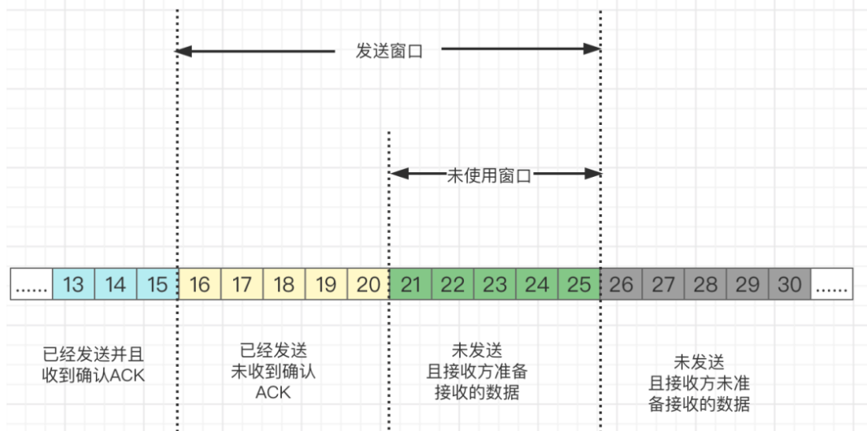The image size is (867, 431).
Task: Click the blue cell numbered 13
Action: pos(74,285)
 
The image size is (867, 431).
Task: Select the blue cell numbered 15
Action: pos(158,285)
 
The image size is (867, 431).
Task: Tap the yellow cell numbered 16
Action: pos(199,285)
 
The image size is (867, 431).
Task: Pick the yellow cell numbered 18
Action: pos(284,285)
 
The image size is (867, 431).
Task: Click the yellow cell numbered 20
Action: pos(368,285)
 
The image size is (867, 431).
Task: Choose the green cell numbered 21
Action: pos(410,285)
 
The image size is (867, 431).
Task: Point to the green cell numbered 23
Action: pos(495,285)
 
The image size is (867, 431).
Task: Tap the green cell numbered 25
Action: pos(579,285)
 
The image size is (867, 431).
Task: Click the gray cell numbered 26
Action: pos(621,285)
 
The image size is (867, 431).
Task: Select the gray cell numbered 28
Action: pos(705,285)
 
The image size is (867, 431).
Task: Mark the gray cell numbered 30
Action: pos(790,285)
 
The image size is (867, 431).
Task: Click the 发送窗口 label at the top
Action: pos(388,51)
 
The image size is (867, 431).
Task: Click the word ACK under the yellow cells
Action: pos(273,392)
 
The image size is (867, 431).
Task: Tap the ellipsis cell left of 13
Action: pos(32,285)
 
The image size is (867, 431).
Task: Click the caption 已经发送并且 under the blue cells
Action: pos(98,354)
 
